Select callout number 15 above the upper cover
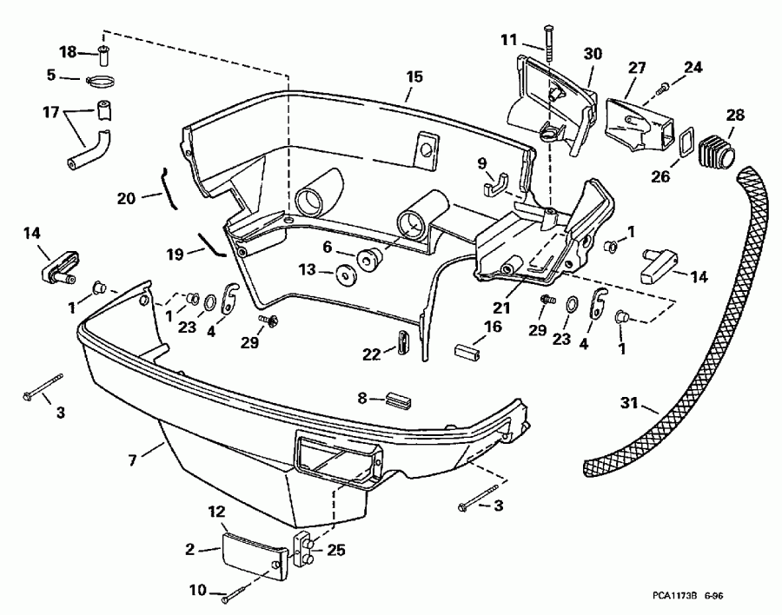tap(414, 76)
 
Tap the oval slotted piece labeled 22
tap(402, 341)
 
